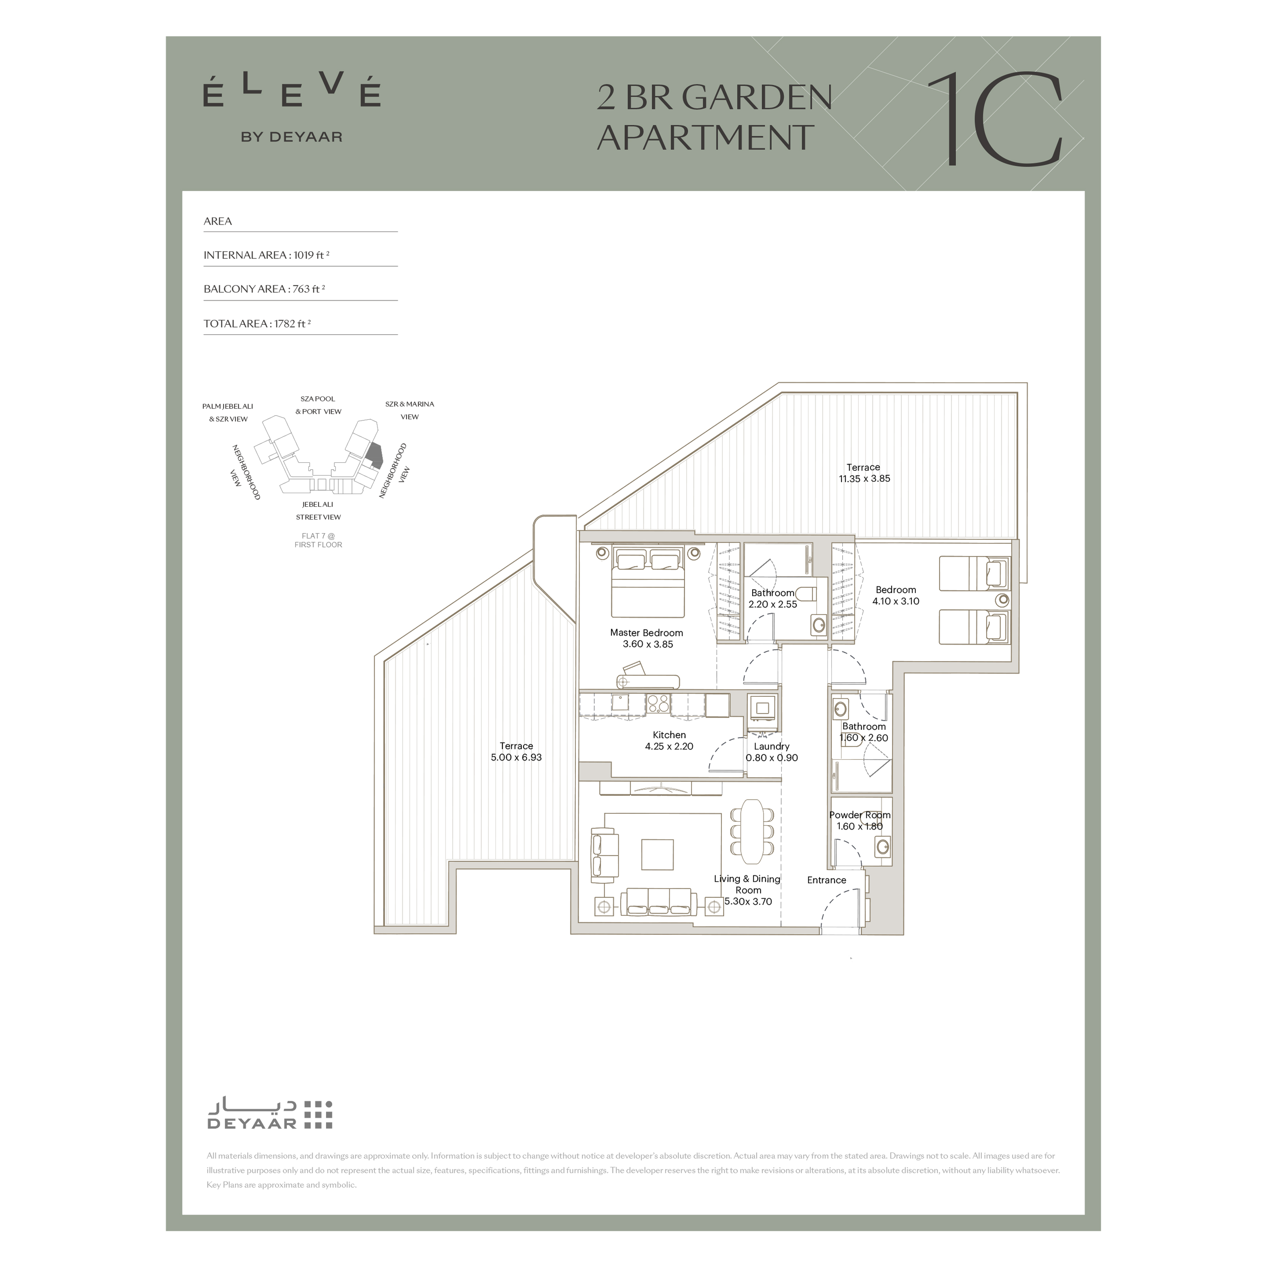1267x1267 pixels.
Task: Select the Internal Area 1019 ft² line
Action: coord(266,255)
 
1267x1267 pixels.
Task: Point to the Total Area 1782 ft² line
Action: coord(257,323)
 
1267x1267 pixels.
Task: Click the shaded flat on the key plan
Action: coord(374,454)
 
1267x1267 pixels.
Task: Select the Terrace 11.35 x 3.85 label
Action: coord(864,473)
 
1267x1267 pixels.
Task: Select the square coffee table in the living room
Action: coord(657,855)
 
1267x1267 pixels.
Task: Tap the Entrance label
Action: coord(826,880)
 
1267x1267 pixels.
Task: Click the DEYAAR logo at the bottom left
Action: coord(270,1115)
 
